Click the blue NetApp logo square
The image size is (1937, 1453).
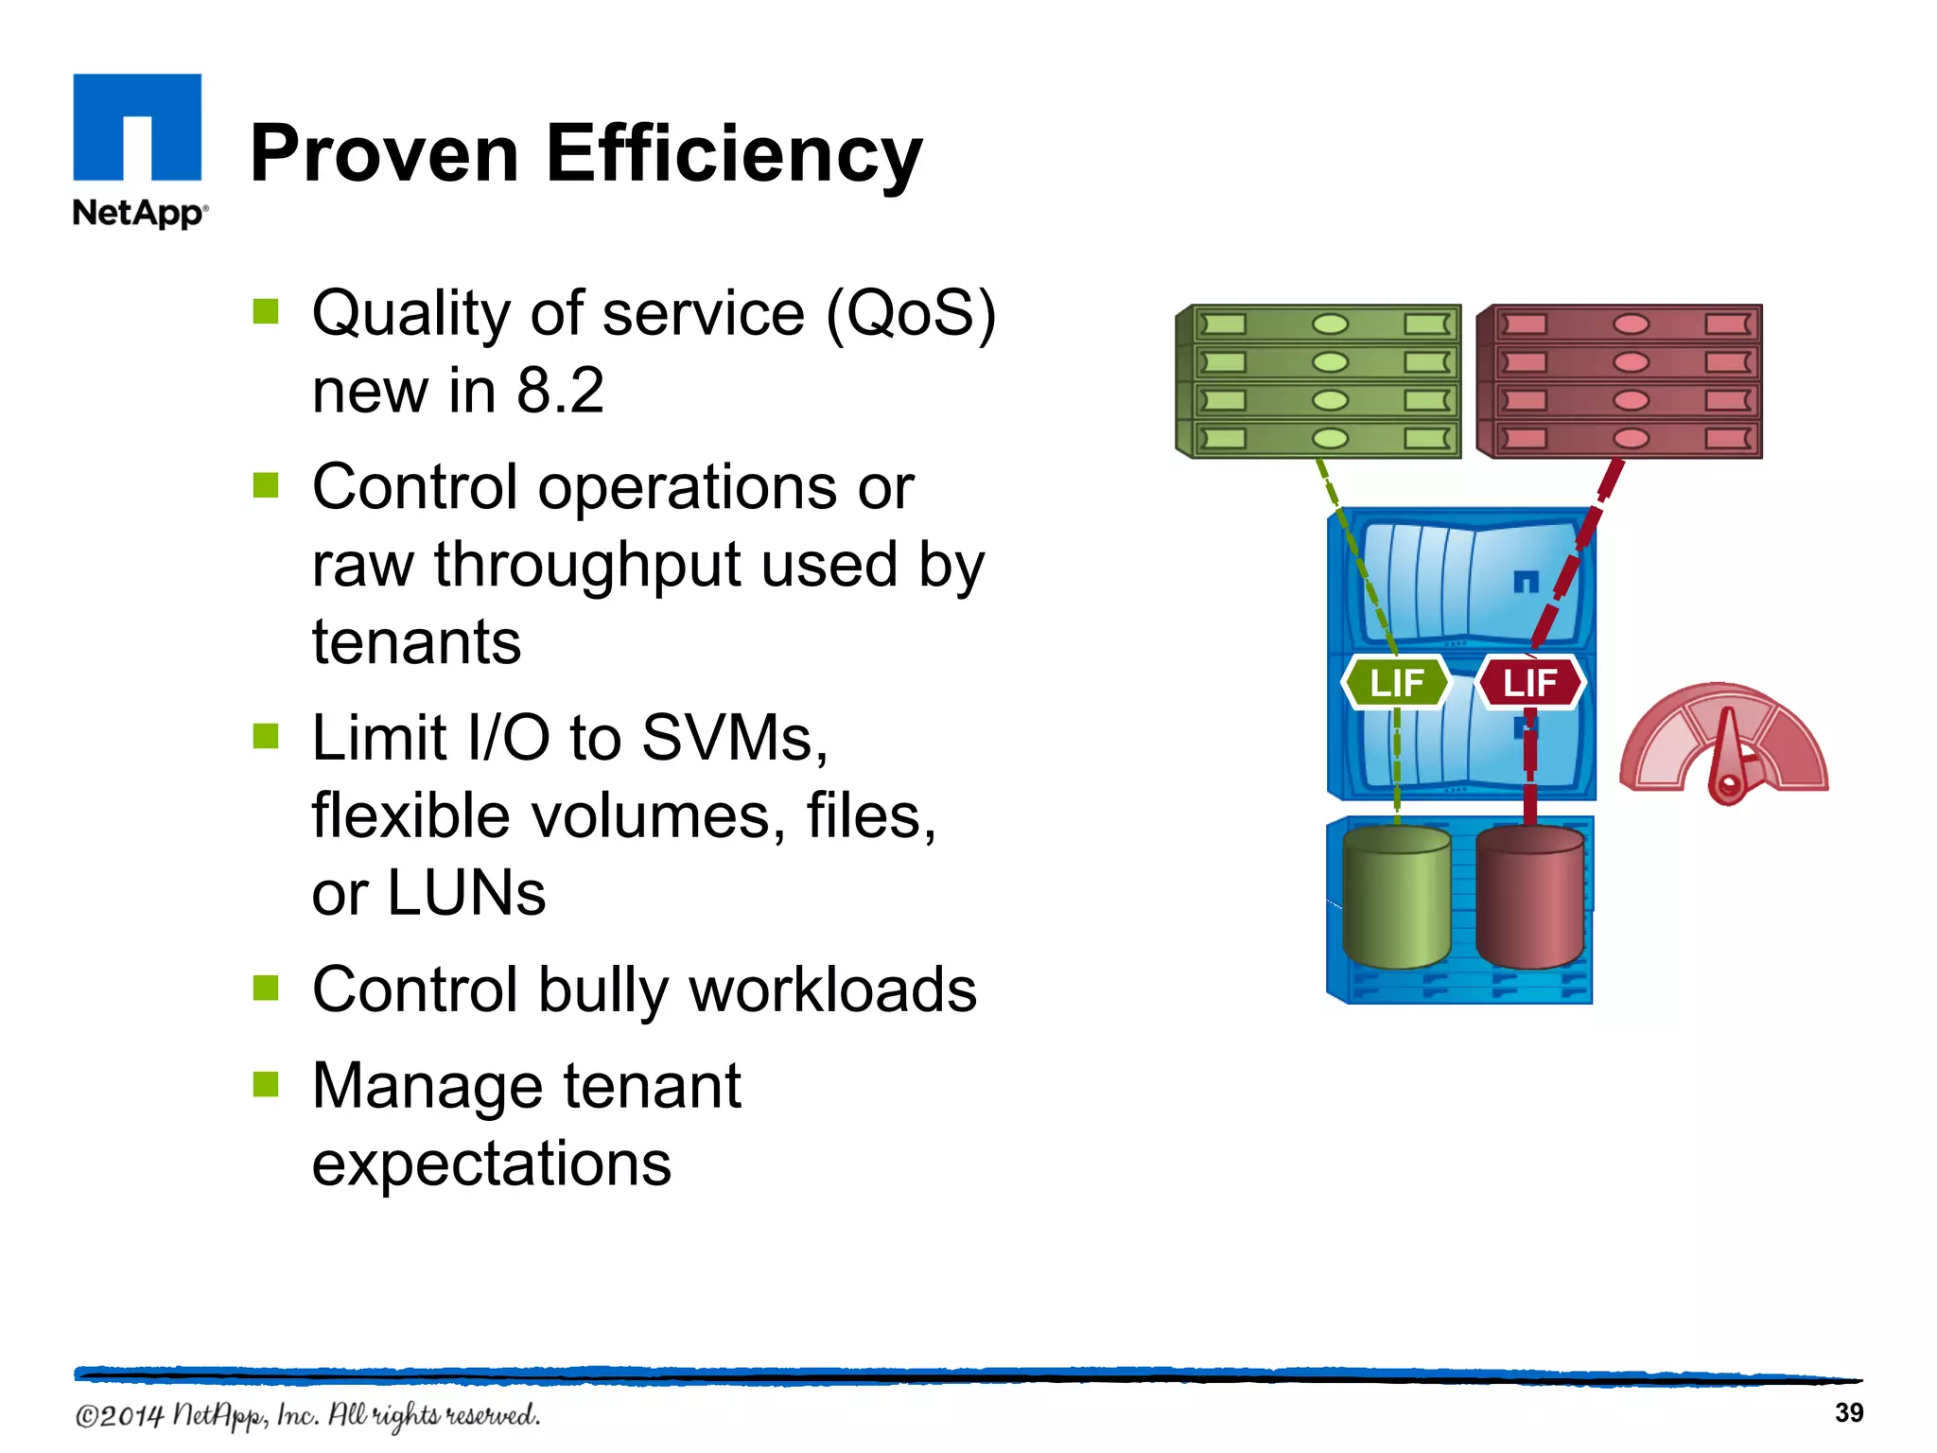click(137, 127)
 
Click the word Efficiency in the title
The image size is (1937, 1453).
click(733, 154)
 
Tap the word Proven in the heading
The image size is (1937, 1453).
click(384, 154)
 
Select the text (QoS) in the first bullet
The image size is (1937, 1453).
click(911, 313)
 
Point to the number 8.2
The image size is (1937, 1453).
click(560, 390)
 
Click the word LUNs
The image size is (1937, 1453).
click(466, 893)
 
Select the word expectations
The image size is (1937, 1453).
click(492, 1164)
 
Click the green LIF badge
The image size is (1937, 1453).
click(1396, 682)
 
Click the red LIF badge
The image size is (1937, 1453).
click(1529, 682)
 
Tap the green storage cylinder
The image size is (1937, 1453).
click(1396, 897)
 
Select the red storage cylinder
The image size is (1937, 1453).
click(1529, 897)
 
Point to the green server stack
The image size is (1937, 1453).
click(1318, 381)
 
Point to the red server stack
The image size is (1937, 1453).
click(1619, 381)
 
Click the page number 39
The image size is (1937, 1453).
click(1848, 1413)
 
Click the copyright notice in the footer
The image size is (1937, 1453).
click(307, 1416)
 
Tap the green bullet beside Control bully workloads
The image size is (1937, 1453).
click(266, 988)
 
